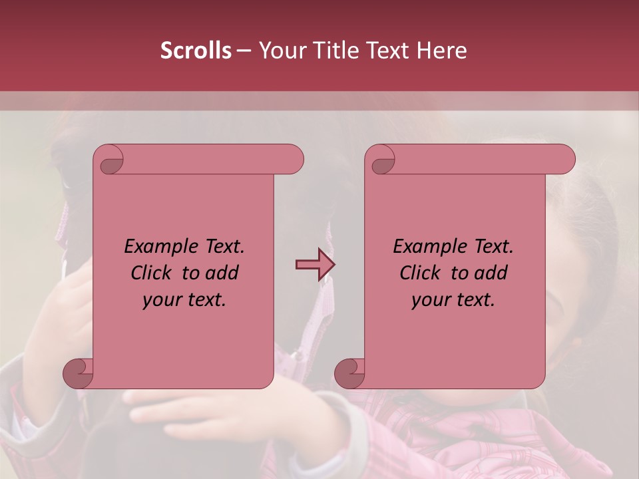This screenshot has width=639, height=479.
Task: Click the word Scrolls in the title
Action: (x=196, y=51)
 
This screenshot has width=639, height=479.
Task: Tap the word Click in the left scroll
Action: (x=152, y=273)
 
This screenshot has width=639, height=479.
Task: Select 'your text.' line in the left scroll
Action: (x=184, y=299)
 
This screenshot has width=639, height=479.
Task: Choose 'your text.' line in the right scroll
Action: (x=453, y=299)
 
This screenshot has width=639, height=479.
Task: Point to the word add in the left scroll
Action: (x=222, y=273)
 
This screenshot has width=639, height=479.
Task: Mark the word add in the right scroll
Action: (x=491, y=273)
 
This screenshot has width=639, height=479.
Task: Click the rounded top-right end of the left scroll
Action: (x=293, y=160)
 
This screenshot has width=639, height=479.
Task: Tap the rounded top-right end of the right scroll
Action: (x=564, y=160)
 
